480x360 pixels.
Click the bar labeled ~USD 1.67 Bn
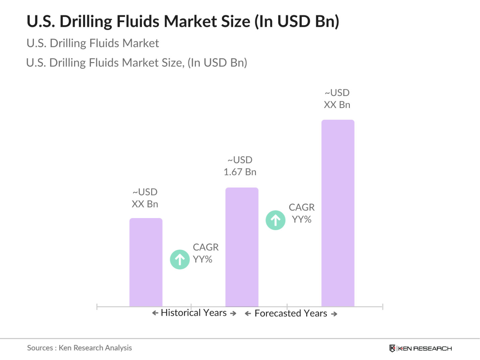click(x=242, y=247)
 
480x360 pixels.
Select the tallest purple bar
click(x=338, y=213)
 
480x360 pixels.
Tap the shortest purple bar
click(x=146, y=262)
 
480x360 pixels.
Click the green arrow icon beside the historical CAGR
click(x=180, y=259)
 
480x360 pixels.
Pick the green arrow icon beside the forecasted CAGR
click(x=275, y=220)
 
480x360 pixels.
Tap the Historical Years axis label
click(x=194, y=313)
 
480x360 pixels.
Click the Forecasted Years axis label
click(x=291, y=313)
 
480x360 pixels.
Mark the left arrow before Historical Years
click(x=155, y=313)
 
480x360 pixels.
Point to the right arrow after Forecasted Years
click(x=334, y=314)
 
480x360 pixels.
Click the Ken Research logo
click(x=421, y=348)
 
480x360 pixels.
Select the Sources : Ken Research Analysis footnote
click(x=79, y=348)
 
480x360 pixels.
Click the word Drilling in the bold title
click(x=86, y=21)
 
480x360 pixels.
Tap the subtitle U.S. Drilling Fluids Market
click(x=93, y=43)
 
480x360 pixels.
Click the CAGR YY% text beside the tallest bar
click(x=302, y=213)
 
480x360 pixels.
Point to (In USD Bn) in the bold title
click(x=297, y=21)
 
